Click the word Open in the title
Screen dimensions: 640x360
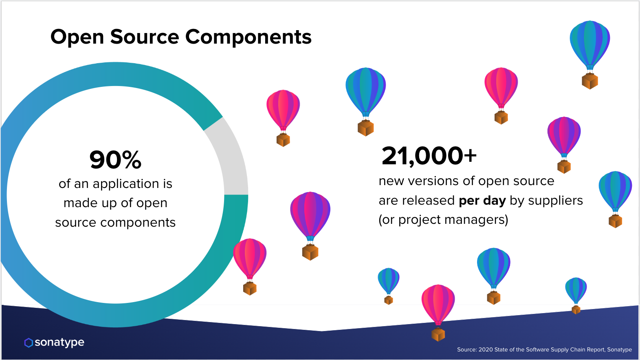(x=77, y=37)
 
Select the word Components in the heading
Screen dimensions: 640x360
(x=248, y=37)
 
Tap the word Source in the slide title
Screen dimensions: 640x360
(x=145, y=37)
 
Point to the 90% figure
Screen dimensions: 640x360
(x=115, y=159)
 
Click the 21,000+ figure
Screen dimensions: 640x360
(x=429, y=156)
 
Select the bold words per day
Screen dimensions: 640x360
(x=482, y=201)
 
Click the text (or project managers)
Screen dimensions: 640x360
(x=443, y=220)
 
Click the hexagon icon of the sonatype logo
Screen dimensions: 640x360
(x=29, y=342)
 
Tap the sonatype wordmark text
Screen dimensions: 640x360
(x=59, y=342)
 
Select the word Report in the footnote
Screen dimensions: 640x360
(x=596, y=350)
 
